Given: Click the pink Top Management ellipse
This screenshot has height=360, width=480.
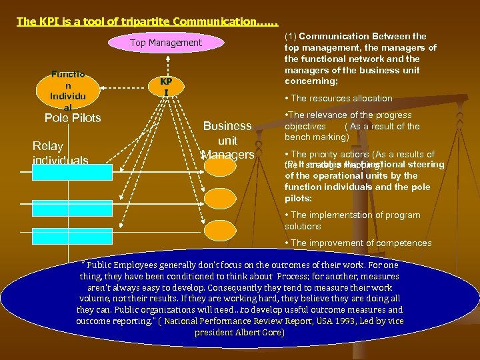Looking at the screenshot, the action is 166,43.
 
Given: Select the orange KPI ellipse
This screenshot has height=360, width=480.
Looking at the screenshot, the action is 166,85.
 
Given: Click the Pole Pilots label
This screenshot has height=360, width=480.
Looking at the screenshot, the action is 72,118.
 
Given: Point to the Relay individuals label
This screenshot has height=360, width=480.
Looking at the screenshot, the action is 60,153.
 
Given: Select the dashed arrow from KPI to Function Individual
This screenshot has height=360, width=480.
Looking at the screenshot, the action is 124,86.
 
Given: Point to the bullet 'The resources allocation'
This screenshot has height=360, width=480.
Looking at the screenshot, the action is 341,98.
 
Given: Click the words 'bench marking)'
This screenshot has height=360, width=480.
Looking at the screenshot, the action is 317,137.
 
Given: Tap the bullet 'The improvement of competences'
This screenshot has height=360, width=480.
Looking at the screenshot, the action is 361,243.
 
